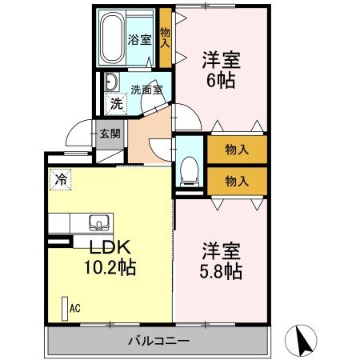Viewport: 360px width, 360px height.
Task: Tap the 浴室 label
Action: (142, 39)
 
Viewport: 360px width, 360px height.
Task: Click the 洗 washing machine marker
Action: (117, 103)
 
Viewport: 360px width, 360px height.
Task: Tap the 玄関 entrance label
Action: (109, 134)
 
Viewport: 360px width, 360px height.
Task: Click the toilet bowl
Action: (190, 169)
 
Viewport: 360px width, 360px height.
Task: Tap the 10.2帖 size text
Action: (111, 266)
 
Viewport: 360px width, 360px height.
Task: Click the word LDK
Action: (109, 247)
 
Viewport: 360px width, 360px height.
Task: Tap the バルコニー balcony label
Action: (158, 342)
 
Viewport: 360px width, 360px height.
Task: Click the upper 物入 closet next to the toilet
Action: (237, 149)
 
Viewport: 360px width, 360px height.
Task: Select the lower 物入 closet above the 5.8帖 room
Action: (237, 180)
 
